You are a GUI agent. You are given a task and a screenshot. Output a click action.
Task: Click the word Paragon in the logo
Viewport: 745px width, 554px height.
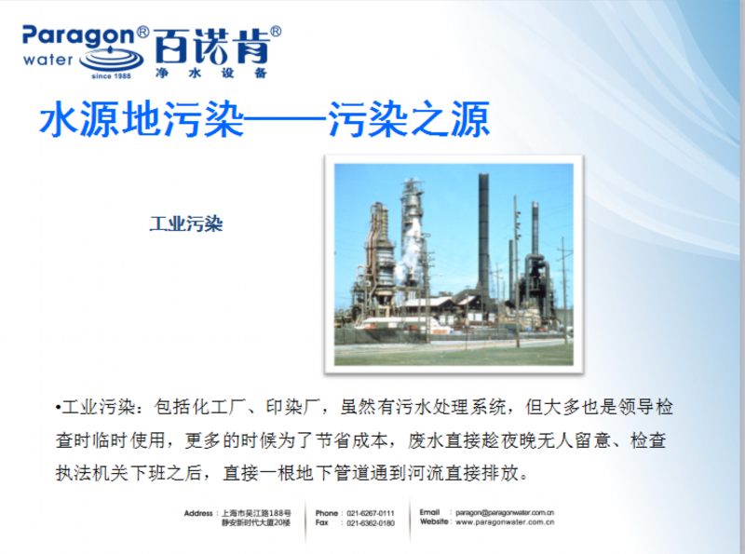[79, 36]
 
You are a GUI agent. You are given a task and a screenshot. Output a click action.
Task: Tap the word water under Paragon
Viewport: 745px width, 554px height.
[48, 61]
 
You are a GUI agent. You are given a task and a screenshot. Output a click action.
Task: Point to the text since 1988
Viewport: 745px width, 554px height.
[111, 76]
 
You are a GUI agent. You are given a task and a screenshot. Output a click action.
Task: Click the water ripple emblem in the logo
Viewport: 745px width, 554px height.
[112, 60]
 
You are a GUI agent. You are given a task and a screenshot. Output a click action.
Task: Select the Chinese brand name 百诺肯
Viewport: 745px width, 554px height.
[211, 47]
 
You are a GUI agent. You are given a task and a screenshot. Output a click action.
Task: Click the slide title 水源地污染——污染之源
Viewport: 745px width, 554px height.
[264, 119]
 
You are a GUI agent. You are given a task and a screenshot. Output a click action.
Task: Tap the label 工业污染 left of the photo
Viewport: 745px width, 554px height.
[186, 223]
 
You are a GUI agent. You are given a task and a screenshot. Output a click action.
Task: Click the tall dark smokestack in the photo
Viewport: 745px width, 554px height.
[483, 233]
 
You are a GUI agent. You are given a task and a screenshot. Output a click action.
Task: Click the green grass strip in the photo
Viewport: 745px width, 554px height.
[454, 355]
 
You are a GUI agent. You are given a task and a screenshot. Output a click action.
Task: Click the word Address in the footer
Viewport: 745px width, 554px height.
[198, 513]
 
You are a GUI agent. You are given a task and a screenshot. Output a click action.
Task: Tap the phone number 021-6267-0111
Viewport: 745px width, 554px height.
[371, 513]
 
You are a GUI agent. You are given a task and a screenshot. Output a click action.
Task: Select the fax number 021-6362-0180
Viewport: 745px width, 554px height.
[371, 523]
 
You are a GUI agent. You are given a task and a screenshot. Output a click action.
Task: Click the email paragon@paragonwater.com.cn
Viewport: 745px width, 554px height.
[505, 513]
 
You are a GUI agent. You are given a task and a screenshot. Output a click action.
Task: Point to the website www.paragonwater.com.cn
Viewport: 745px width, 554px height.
[505, 522]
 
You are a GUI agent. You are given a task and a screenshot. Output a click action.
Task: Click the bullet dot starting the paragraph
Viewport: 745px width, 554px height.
[58, 408]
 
